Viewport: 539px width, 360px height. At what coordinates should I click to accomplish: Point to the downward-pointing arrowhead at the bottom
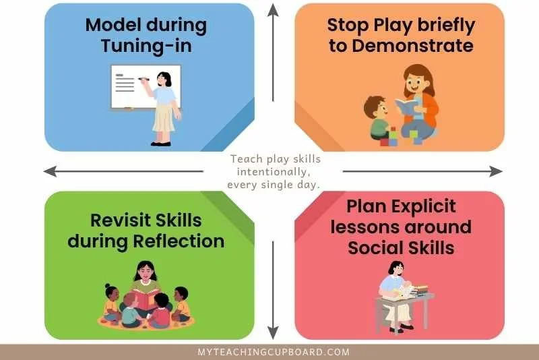coord(272,332)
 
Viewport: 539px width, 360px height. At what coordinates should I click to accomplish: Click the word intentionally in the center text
coord(273,173)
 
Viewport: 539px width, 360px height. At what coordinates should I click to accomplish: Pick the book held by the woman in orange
coord(407,106)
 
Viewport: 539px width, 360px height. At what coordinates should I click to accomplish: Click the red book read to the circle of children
coord(146,297)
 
